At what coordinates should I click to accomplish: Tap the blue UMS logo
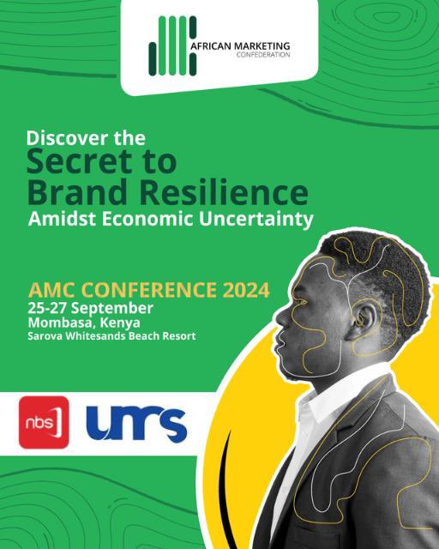click(x=136, y=422)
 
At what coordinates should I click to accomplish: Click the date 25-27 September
click(x=90, y=307)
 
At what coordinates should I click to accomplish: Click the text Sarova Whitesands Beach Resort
click(x=111, y=335)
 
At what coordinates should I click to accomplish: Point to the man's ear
click(x=366, y=317)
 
